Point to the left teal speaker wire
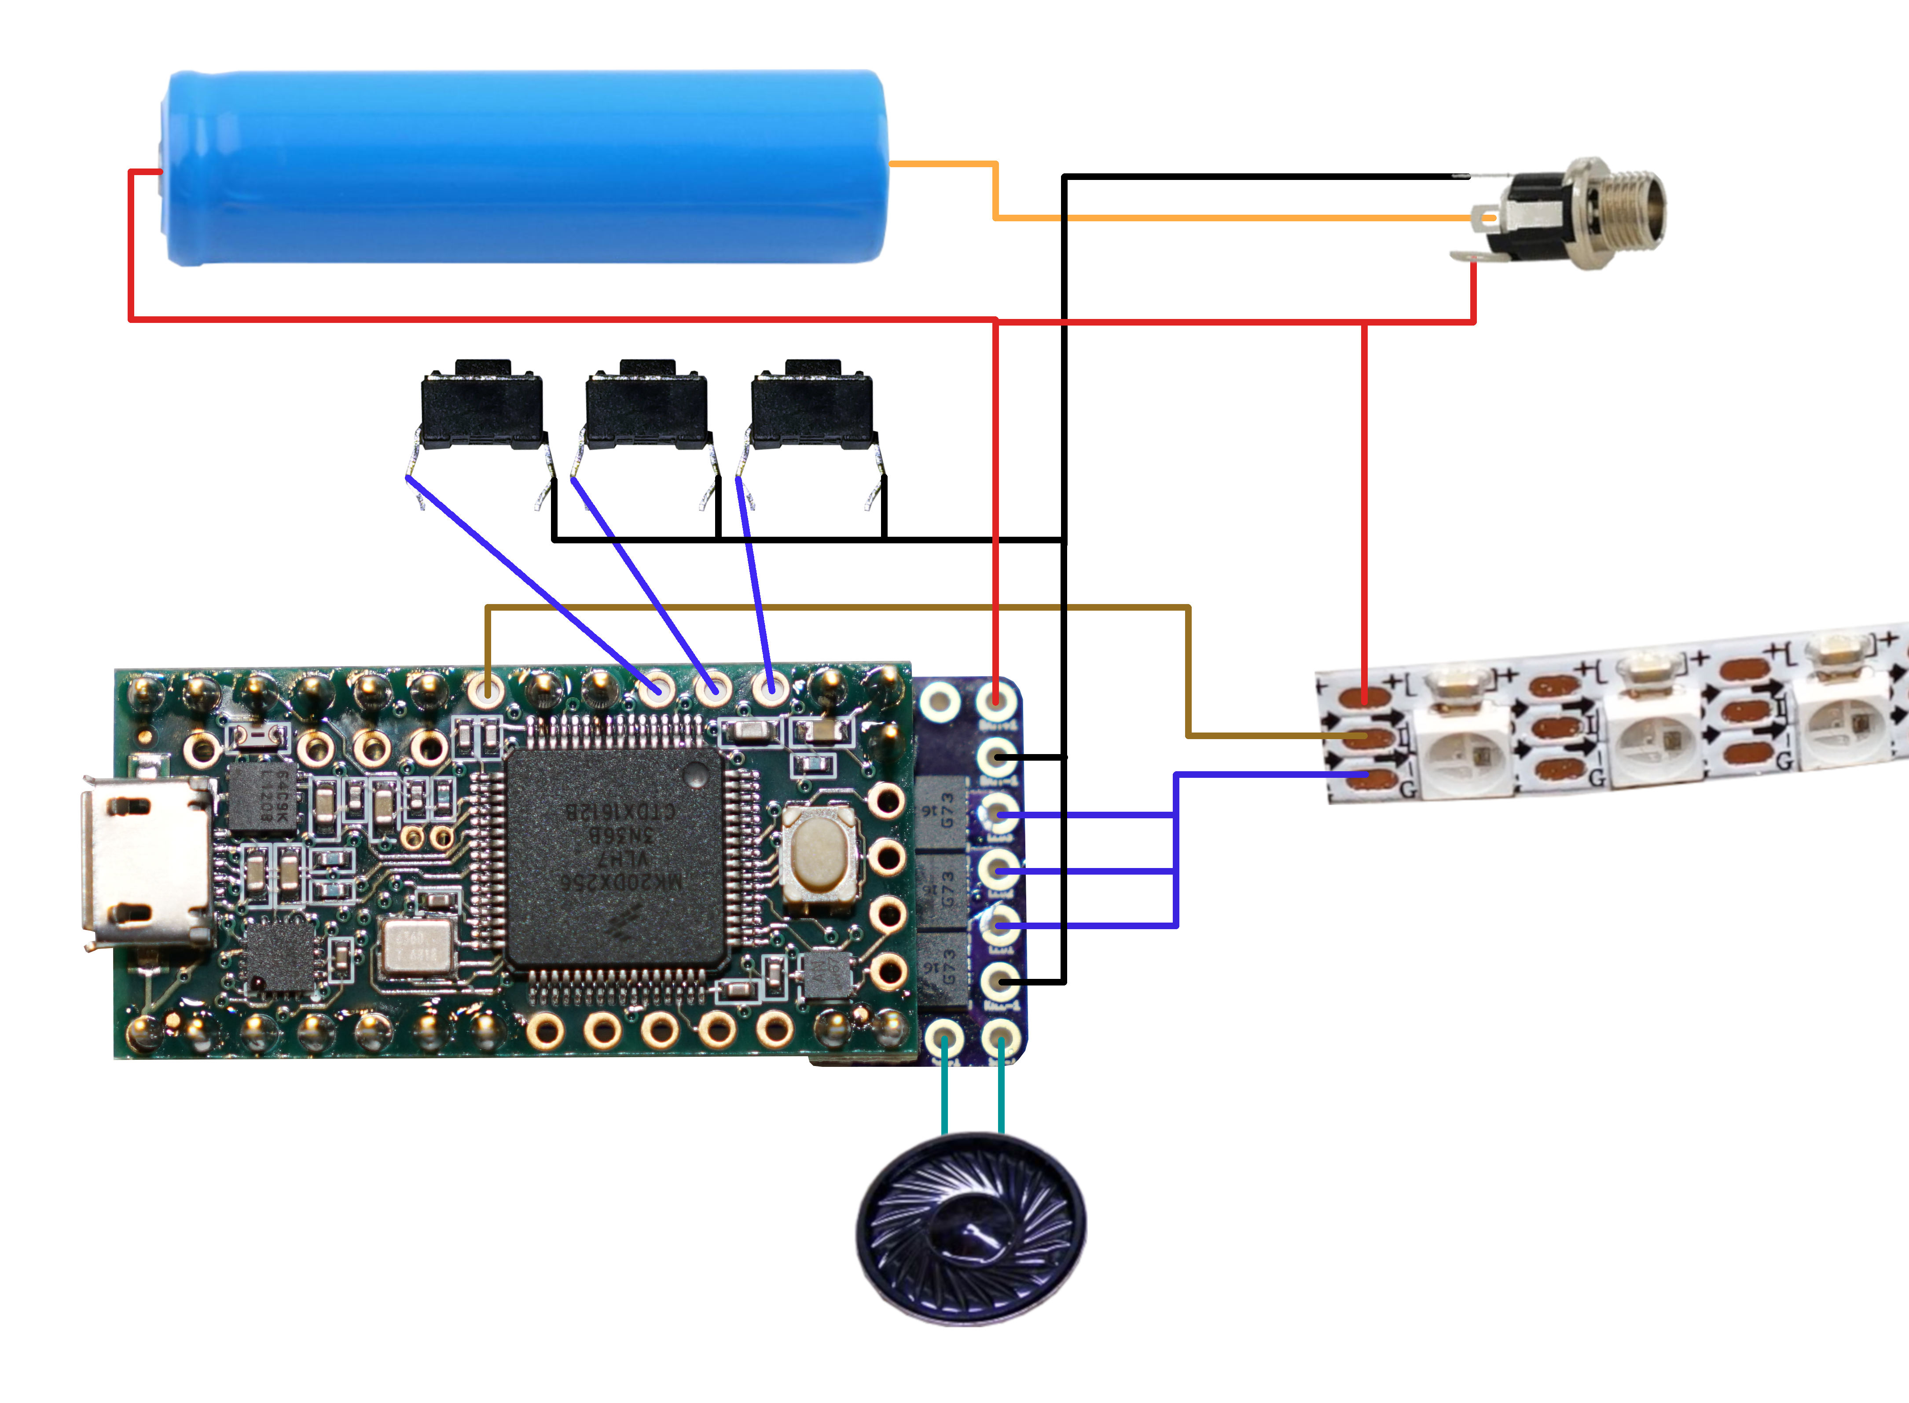point(945,1095)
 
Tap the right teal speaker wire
point(1001,1095)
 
